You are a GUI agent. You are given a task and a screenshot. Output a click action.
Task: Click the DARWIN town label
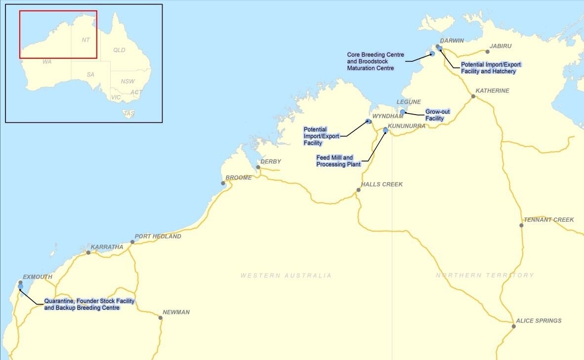coord(452,41)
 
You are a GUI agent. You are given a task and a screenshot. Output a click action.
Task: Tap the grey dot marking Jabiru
coord(487,51)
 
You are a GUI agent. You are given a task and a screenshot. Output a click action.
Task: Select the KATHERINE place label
coord(492,91)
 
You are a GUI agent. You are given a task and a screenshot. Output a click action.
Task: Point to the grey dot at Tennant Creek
coord(521,225)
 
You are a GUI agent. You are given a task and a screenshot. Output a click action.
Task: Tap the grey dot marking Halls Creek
coord(359,190)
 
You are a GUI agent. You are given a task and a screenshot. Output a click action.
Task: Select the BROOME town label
coord(238,178)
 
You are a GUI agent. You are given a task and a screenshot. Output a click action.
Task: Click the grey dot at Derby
coord(258,167)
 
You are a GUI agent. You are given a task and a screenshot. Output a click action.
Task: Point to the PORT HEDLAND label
coord(158,236)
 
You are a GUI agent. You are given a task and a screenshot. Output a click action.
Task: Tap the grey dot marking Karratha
coord(88,252)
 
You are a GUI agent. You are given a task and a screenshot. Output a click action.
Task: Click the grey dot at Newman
coord(160,318)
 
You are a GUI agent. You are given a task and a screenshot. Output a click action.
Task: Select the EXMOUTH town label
coord(37,277)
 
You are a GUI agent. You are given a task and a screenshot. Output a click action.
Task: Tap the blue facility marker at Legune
coord(403,112)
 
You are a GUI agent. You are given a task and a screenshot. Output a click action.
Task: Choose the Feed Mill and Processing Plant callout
coord(338,161)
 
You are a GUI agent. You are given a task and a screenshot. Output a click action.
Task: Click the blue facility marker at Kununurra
coord(385,130)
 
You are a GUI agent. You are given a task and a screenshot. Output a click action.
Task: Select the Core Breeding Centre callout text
coord(375,61)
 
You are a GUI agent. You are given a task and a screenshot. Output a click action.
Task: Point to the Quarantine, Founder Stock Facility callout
coord(89,304)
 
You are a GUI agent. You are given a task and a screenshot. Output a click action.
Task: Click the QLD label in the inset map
coord(119,50)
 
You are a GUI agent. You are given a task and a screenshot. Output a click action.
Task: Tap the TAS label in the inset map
coord(129,114)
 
